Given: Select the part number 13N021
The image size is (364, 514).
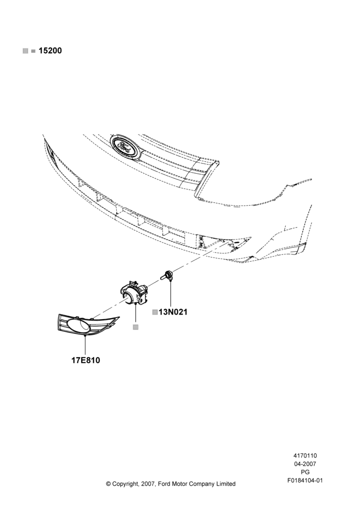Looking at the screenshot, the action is [173, 312].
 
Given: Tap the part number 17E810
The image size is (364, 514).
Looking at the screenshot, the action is [85, 360].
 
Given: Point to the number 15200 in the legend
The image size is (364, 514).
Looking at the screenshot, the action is [50, 51].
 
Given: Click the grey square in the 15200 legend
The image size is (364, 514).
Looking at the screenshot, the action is [25, 51].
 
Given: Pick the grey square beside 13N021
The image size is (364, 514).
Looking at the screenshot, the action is [155, 312].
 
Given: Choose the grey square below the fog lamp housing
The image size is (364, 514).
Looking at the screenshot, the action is [136, 327].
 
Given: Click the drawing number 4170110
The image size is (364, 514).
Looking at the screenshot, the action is [305, 455].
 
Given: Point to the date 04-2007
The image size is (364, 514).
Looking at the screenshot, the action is [305, 464].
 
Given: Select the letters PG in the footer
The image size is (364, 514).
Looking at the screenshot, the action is [305, 472].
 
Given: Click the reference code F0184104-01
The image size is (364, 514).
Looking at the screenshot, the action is [305, 481].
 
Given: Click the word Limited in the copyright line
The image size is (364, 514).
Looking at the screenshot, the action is [226, 484].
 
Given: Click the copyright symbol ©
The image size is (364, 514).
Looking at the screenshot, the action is [108, 484].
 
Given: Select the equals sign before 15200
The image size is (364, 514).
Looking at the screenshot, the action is [33, 51].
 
